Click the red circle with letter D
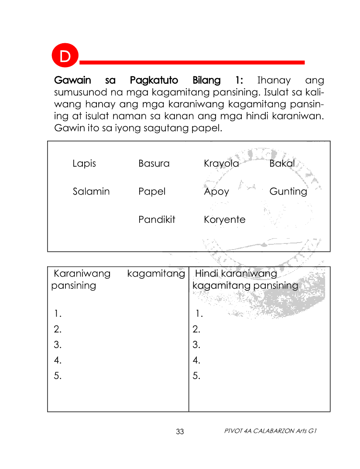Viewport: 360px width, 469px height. click(x=65, y=56)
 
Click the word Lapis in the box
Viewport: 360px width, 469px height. click(x=84, y=164)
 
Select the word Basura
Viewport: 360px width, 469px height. click(x=154, y=164)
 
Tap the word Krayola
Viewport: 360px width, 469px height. click(x=221, y=164)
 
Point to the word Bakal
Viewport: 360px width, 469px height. click(x=282, y=164)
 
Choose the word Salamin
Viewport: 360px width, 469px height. click(x=91, y=192)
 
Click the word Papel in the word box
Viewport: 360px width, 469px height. click(x=152, y=192)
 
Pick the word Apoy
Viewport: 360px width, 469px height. click(x=216, y=192)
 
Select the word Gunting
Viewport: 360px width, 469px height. click(x=288, y=192)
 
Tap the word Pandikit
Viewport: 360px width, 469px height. click(x=157, y=219)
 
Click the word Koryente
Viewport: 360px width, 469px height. click(x=224, y=220)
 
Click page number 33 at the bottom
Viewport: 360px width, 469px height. click(x=180, y=432)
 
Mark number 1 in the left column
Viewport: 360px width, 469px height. click(x=57, y=313)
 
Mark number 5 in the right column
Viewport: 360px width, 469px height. click(x=196, y=376)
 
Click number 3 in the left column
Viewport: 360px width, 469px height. click(x=57, y=345)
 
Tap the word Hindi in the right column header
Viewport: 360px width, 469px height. click(x=206, y=274)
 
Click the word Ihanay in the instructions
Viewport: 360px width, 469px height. click(x=274, y=81)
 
